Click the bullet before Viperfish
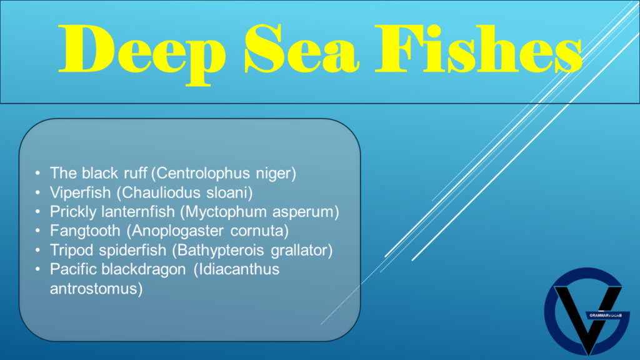click(39, 192)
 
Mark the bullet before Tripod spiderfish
click(39, 250)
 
